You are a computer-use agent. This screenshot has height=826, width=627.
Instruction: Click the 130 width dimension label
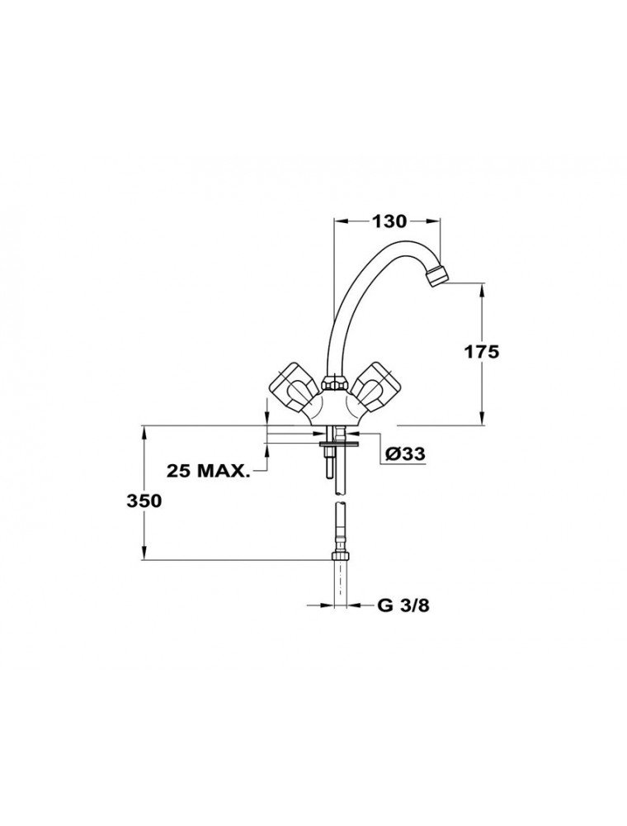(x=389, y=221)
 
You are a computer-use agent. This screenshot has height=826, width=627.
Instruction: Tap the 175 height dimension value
(x=481, y=351)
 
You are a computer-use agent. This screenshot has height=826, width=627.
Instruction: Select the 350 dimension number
(x=144, y=501)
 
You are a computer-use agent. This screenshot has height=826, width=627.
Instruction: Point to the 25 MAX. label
(x=208, y=471)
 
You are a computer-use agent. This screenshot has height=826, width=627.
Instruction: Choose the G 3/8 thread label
(x=403, y=605)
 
